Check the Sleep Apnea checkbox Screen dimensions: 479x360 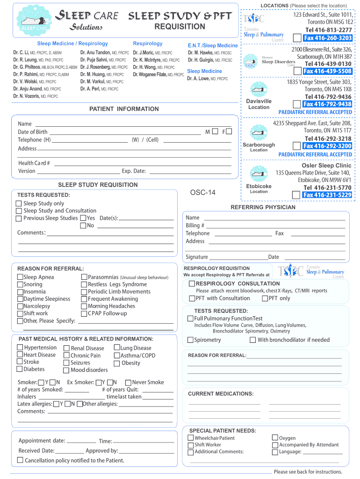(x=20, y=277)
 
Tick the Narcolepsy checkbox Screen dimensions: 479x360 (x=20, y=306)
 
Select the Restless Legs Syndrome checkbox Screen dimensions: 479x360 (x=85, y=284)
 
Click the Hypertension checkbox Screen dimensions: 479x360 (x=20, y=348)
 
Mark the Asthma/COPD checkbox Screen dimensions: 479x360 (x=117, y=356)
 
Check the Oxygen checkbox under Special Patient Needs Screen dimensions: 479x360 (x=275, y=438)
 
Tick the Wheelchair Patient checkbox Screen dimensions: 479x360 (x=191, y=438)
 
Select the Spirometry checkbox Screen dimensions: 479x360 (x=191, y=340)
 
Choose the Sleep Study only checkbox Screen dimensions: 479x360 (x=19, y=203)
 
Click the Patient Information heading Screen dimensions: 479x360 (x=124, y=109)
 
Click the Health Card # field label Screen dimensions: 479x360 (x=34, y=163)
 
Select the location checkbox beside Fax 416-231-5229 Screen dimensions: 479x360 (x=296, y=195)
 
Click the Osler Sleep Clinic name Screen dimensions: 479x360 (x=326, y=166)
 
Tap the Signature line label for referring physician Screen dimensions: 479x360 (x=196, y=257)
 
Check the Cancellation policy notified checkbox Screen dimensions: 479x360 (x=20, y=460)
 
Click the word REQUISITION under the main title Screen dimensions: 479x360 (x=180, y=27)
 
